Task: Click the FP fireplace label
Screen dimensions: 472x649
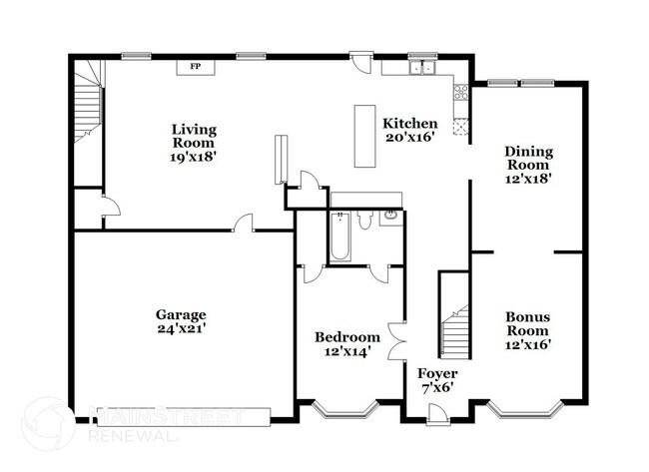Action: tap(196, 67)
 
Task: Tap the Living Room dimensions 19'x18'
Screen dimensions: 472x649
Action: tap(194, 156)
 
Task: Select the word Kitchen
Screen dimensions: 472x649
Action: tap(409, 123)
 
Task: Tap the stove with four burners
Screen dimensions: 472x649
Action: tap(461, 95)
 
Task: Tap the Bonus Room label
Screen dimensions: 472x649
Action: tap(527, 323)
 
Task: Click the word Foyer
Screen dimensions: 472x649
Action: tap(437, 373)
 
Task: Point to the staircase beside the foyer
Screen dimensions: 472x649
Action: tap(455, 329)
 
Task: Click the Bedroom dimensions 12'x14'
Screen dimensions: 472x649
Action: tap(347, 351)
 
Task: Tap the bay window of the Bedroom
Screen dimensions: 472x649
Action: tap(343, 408)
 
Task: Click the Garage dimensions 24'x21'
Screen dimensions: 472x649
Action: tap(181, 326)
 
